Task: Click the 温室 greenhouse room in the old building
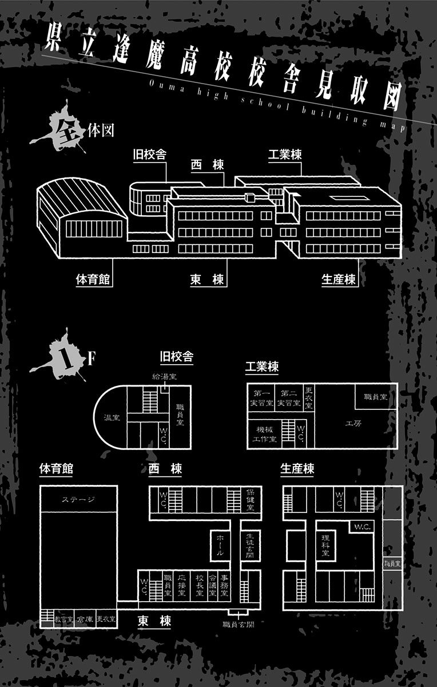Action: tap(111, 417)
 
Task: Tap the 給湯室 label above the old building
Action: tap(164, 377)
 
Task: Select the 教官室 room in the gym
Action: tap(63, 619)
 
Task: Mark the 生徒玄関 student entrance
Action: tap(249, 546)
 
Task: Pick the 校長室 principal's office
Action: tap(199, 586)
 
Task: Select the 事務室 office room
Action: tap(227, 586)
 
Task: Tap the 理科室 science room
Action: tap(325, 546)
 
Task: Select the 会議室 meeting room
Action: tap(213, 586)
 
